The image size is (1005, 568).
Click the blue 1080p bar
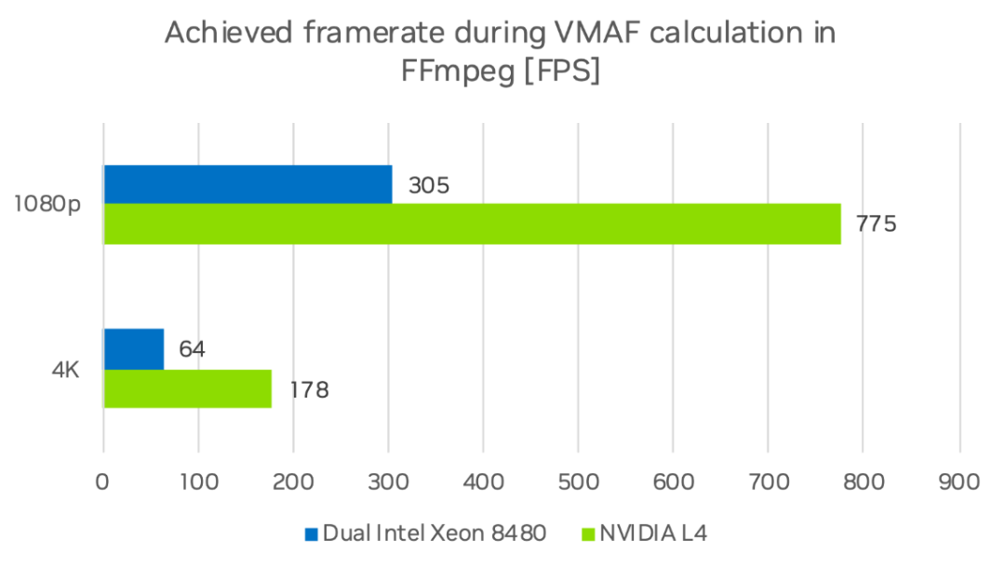point(248,184)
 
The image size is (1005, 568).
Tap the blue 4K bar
point(133,348)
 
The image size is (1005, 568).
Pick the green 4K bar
point(187,388)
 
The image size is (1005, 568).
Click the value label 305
point(429,185)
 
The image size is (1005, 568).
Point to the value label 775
point(877,224)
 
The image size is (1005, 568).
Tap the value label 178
point(308,389)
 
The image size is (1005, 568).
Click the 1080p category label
point(47,205)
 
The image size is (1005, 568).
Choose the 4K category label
point(65,370)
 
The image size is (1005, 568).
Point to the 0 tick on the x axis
point(103,481)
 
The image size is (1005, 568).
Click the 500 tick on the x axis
point(578,481)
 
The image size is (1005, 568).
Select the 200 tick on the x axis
point(293,481)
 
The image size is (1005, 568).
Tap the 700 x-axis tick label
point(768,481)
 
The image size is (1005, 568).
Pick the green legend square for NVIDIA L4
point(588,534)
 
